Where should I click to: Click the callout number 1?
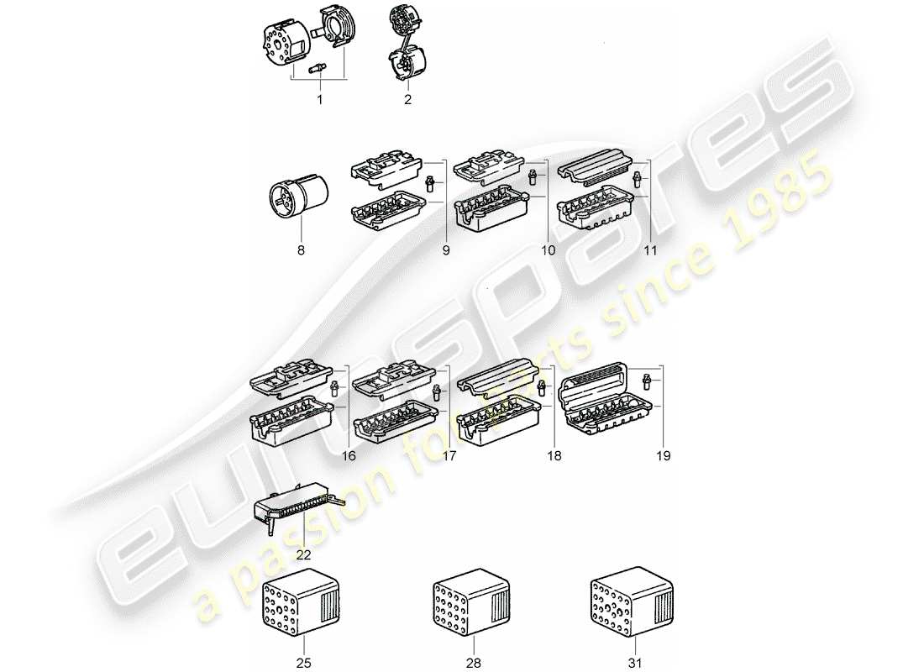(x=319, y=100)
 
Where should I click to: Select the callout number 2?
(x=407, y=100)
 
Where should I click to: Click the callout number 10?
(x=548, y=249)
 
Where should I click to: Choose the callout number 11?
(x=650, y=249)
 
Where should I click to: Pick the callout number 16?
(x=349, y=455)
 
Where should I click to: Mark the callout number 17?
(x=449, y=455)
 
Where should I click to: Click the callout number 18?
(x=554, y=455)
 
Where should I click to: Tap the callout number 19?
(x=664, y=455)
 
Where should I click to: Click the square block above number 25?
(x=302, y=610)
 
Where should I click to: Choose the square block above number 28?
(x=470, y=610)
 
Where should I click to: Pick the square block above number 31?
(x=628, y=610)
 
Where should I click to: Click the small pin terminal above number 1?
(x=319, y=71)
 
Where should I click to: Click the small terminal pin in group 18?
(x=540, y=390)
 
